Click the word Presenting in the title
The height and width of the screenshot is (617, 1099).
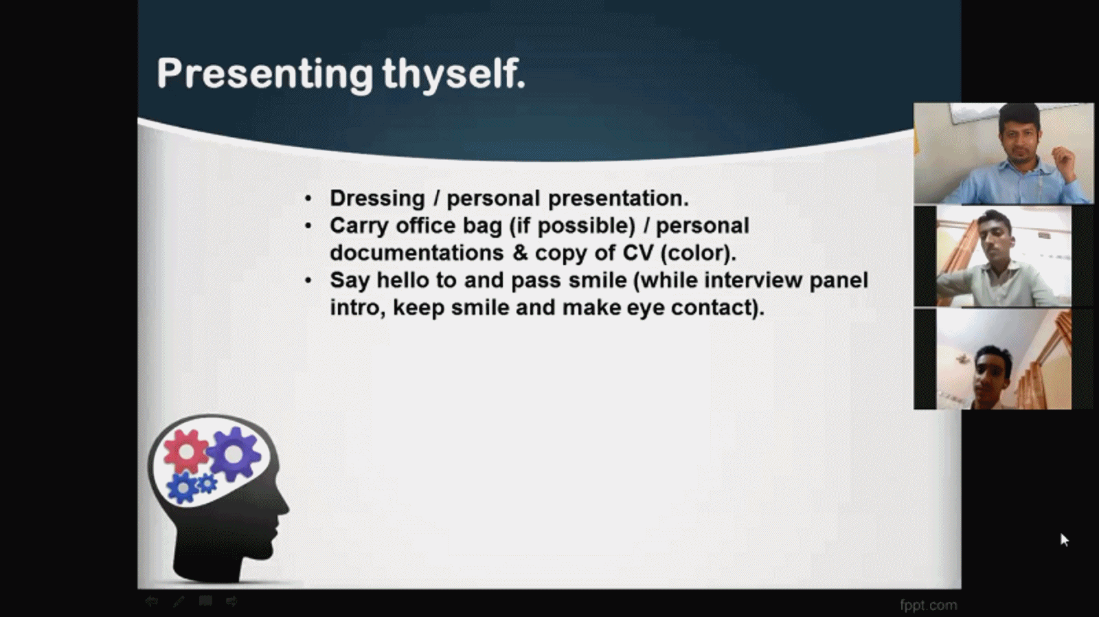pos(265,74)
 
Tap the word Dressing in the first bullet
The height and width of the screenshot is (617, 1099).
pos(377,199)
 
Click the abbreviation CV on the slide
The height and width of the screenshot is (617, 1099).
pos(638,253)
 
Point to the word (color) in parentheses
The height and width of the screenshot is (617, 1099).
pos(697,254)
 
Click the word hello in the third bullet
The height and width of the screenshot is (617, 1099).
pos(403,280)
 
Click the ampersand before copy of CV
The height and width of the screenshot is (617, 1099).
pos(520,254)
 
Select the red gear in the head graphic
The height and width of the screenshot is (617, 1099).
pos(186,451)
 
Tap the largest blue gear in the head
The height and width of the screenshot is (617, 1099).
pos(183,488)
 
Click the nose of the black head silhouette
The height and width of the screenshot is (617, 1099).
pos(284,506)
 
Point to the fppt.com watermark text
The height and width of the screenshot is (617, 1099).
pos(928,605)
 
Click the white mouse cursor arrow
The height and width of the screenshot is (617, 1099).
pos(1064,540)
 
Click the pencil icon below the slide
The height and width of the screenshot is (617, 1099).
pos(179,601)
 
